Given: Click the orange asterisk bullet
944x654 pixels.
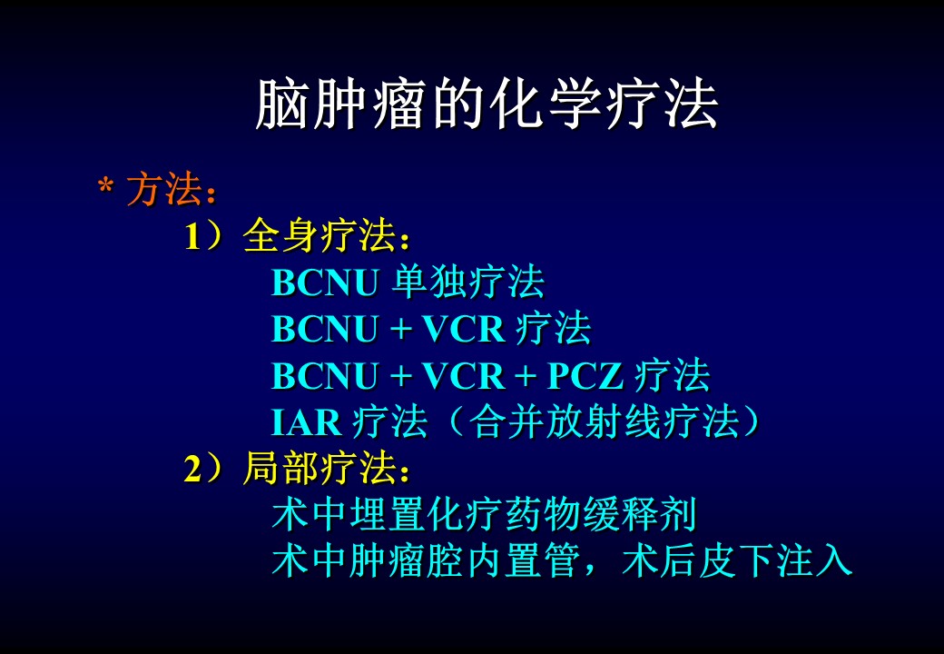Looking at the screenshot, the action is tap(105, 185).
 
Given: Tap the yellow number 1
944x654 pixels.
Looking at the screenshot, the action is tap(192, 237).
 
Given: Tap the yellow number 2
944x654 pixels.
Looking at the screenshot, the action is tap(192, 469).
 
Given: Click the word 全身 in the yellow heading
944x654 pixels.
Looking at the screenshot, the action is tap(281, 235).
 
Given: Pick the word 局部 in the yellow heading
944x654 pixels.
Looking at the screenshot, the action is tap(281, 468).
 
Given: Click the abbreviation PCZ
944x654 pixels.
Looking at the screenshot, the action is tap(585, 376).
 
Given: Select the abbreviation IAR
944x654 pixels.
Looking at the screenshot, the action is tap(307, 422).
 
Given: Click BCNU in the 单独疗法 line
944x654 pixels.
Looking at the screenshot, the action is tap(325, 282).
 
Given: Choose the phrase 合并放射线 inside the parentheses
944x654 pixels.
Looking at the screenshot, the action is tap(565, 421).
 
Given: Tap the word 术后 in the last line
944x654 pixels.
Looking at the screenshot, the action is tap(660, 560).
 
